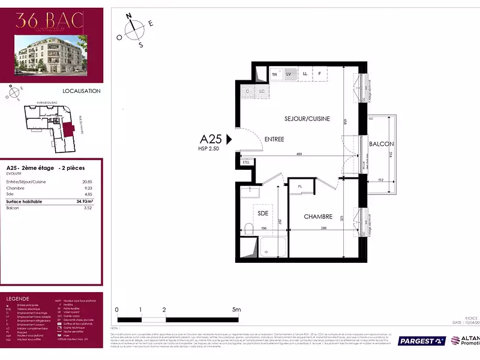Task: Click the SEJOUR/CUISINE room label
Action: click(307, 119)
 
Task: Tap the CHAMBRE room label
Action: click(318, 217)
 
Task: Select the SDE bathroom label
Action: click(263, 213)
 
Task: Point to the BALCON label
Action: click(381, 144)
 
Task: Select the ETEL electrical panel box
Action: click(246, 163)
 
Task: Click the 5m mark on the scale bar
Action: click(236, 310)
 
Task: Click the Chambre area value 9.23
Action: click(88, 188)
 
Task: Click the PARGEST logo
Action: click(422, 341)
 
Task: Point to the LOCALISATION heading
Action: click(82, 91)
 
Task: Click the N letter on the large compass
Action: click(128, 16)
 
